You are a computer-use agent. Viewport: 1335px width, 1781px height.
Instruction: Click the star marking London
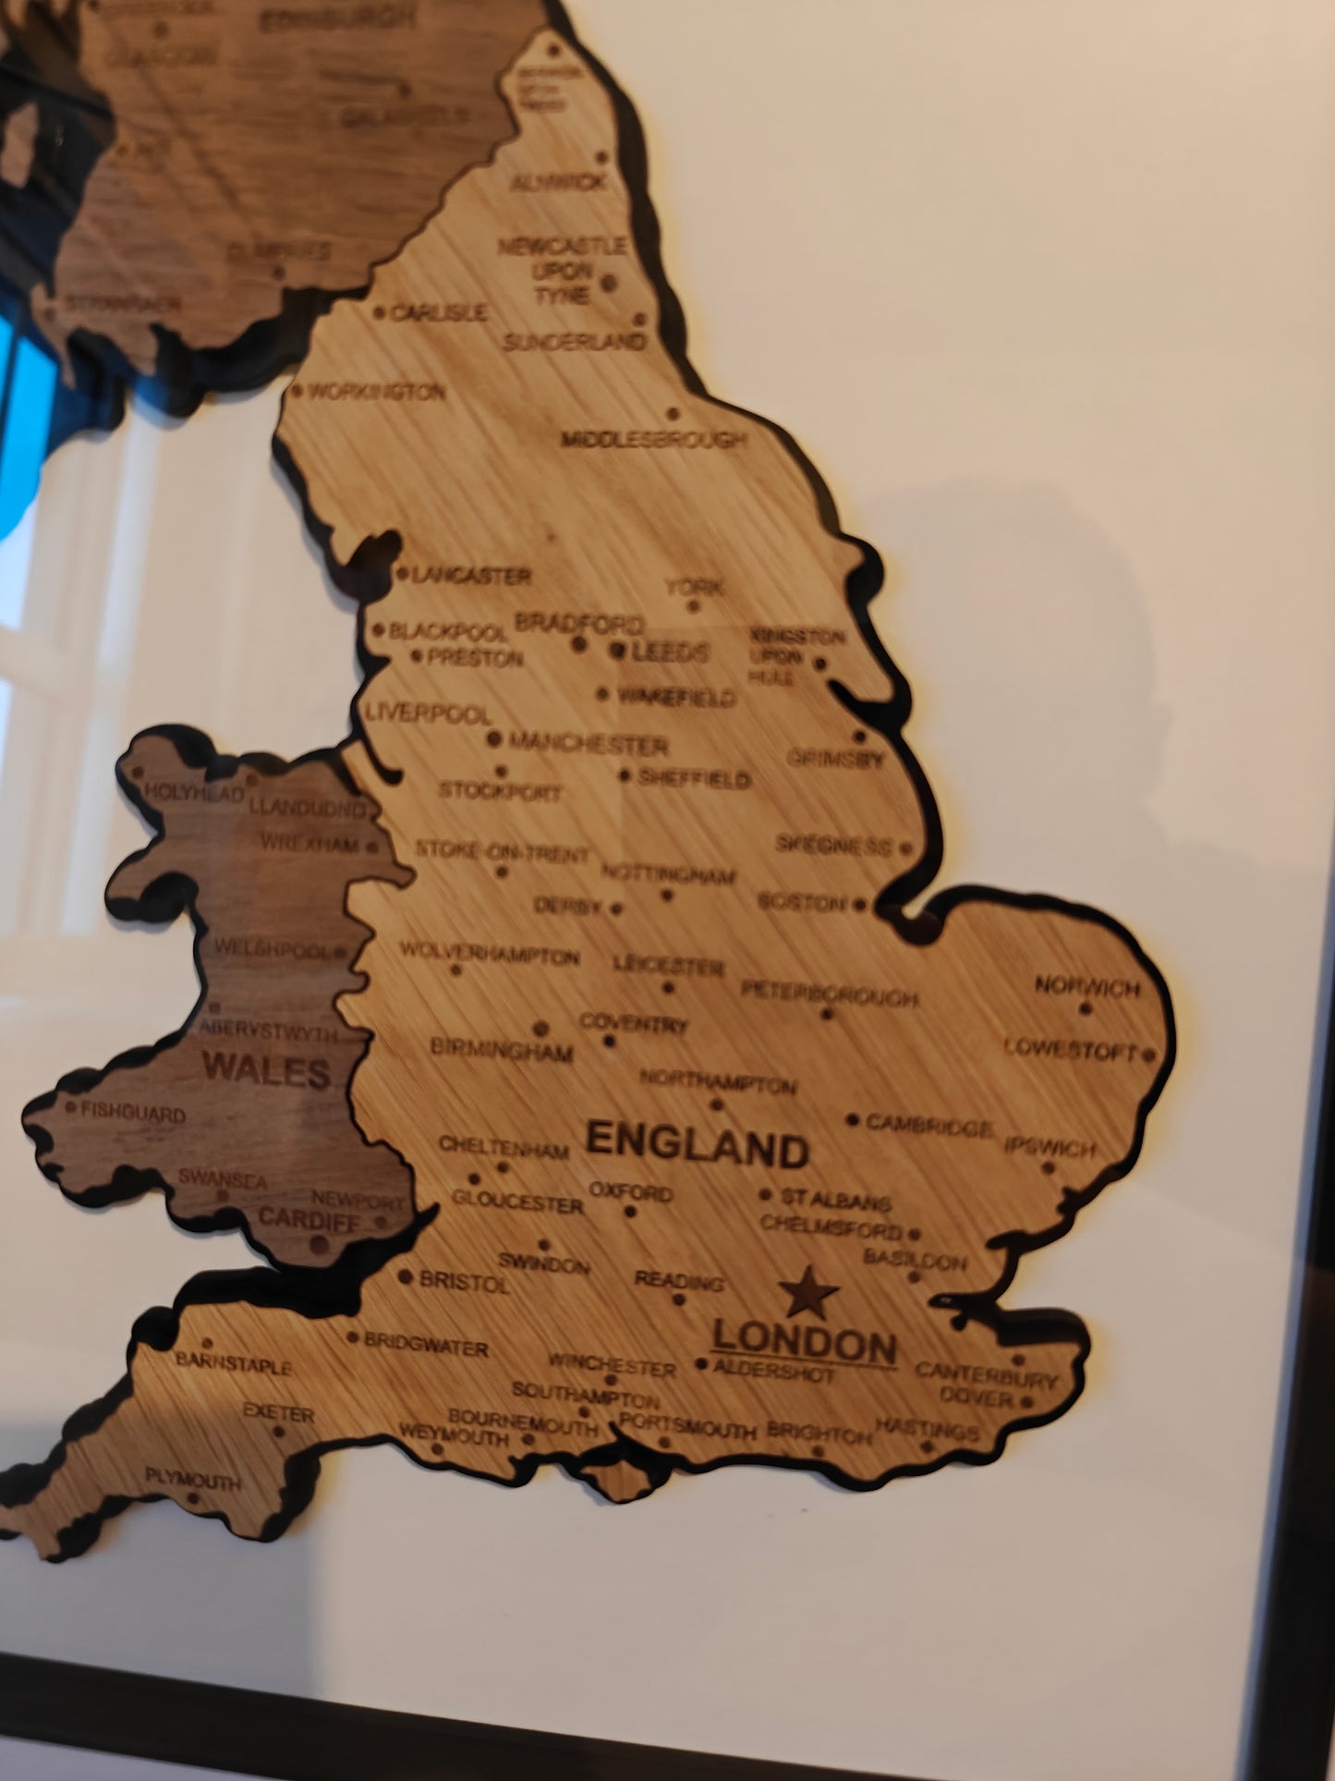pos(807,1292)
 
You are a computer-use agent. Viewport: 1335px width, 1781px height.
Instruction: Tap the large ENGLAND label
pos(698,1146)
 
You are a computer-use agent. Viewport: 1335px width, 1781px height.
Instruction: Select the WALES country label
pos(266,1071)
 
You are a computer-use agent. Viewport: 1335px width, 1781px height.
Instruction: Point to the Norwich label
pos(1087,987)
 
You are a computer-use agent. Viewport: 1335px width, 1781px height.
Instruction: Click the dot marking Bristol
pos(406,1277)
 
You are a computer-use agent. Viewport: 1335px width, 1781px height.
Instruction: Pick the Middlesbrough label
pos(654,440)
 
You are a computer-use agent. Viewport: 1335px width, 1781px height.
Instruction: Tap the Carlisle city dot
pos(379,313)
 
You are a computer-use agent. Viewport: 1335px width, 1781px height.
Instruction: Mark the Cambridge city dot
pos(853,1120)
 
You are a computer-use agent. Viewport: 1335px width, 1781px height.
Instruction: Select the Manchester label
pos(588,744)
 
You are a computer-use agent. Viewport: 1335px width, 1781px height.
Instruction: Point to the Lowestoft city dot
pos(1148,1054)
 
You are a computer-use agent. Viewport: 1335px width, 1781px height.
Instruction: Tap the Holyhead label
pos(194,793)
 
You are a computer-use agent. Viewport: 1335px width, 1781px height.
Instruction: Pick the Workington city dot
pos(297,391)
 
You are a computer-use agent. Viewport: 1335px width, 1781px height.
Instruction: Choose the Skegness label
pos(833,845)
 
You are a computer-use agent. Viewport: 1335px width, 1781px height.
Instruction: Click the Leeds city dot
pos(617,651)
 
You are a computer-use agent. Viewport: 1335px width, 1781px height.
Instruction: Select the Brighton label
pos(819,1433)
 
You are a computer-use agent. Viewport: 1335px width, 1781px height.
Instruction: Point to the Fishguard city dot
pos(71,1106)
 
